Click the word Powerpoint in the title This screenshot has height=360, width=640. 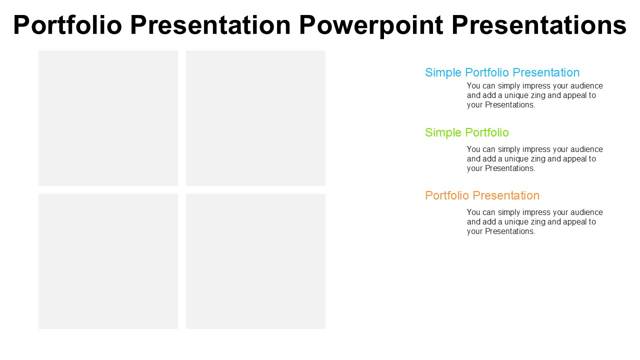pos(371,25)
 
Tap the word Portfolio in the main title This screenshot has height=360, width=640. pos(67,25)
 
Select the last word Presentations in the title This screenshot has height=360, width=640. pos(539,25)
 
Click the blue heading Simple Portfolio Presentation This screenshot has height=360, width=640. pos(502,73)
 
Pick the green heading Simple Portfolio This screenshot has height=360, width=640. pos(467,133)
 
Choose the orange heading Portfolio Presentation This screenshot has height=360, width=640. pos(482,195)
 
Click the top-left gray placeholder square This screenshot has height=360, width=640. pos(108,118)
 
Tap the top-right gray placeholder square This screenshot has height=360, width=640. pos(255,118)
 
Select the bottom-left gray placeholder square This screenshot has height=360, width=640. pos(108,261)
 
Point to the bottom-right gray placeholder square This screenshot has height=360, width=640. pos(255,261)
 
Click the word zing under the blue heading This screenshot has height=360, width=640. pos(538,95)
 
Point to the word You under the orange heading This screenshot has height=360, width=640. pos(473,212)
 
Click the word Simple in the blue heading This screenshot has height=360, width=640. pos(443,73)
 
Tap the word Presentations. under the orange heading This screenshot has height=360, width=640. pos(510,231)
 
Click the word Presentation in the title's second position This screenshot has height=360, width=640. pos(210,25)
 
